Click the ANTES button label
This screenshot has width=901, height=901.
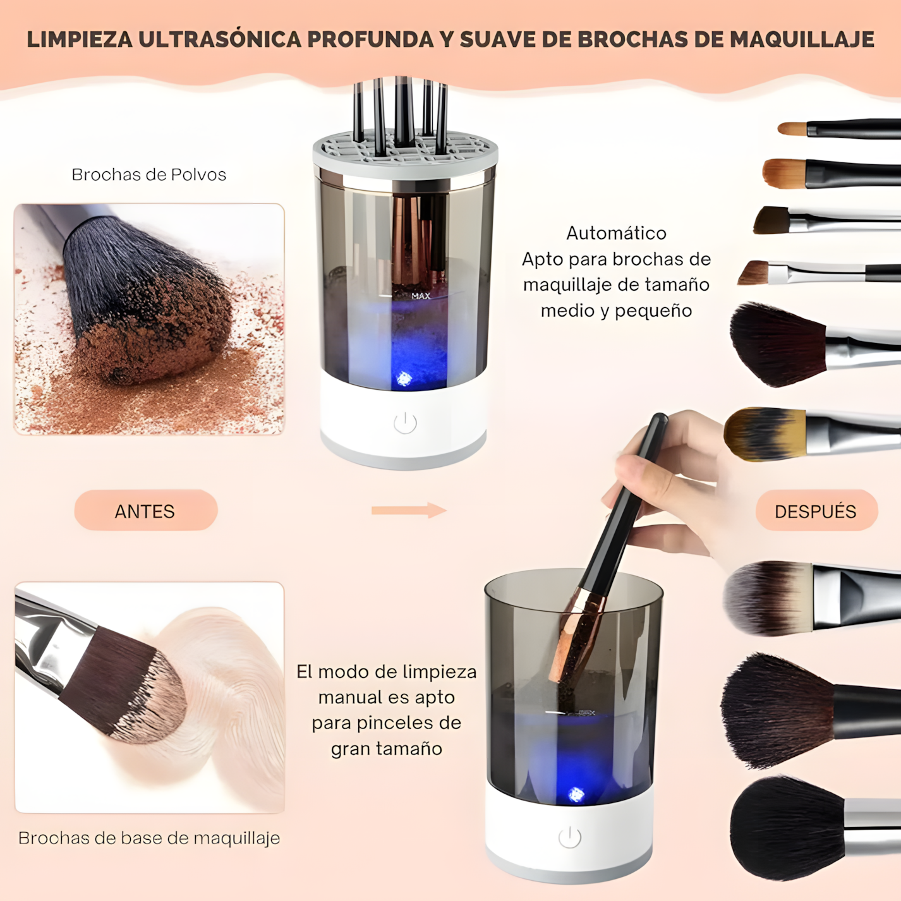click(145, 511)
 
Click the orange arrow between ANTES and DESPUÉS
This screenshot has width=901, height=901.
click(409, 510)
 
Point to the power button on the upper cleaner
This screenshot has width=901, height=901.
click(405, 423)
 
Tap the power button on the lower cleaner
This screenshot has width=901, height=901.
click(569, 837)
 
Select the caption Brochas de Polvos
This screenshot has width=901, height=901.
click(148, 174)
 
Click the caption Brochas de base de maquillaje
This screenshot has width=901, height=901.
click(149, 838)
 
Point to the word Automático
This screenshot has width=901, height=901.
click(616, 233)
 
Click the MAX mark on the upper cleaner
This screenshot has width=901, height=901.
click(421, 296)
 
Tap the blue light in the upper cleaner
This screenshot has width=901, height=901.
click(404, 378)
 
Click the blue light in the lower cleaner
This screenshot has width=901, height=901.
click(576, 794)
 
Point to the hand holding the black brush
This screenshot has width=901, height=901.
click(670, 480)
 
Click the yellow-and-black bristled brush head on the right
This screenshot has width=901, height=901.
click(765, 433)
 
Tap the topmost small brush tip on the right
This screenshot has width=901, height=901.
click(792, 129)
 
